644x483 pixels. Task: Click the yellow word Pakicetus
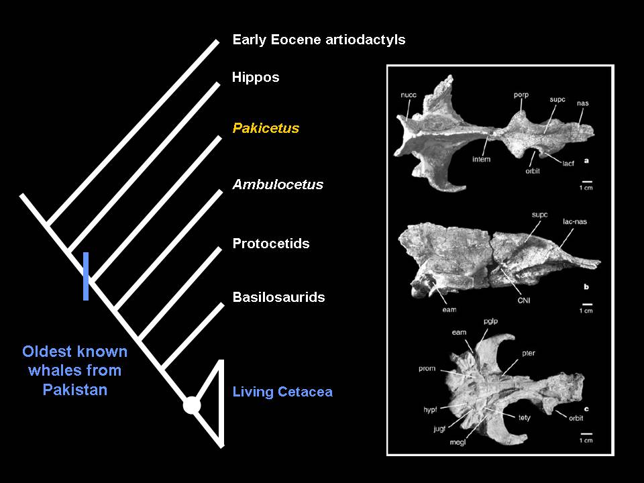coord(266,128)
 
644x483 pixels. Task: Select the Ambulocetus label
coord(278,184)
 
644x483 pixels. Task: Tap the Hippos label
coord(256,77)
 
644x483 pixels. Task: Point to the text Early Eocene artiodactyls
coord(319,40)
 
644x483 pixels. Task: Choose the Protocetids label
coord(271,244)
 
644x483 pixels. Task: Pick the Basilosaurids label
coord(279,297)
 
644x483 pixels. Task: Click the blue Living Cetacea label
coord(282,392)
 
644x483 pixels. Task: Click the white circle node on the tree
coord(192,405)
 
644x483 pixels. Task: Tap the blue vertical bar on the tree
coord(86,276)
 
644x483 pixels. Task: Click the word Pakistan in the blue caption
coord(75,390)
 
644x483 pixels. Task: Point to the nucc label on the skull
coord(409,95)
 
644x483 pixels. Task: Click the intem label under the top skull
coord(482,159)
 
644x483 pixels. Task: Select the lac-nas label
coord(575,221)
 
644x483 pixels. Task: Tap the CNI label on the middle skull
coord(524,301)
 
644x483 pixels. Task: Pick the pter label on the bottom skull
coord(529,353)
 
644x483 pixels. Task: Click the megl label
coord(458,442)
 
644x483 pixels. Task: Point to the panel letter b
coord(586,286)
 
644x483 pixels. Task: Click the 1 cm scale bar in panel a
coord(588,181)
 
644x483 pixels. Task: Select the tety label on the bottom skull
coord(525,418)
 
